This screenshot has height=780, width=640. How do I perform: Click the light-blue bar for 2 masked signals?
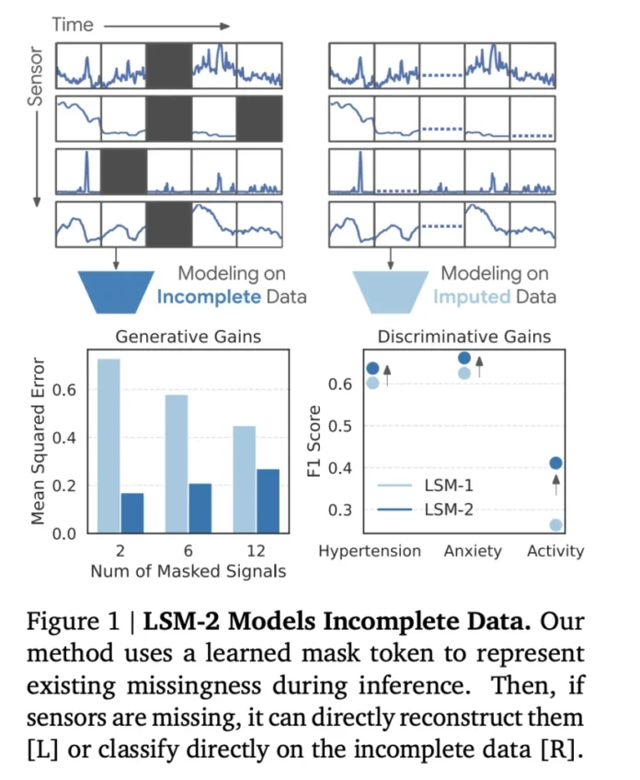click(109, 446)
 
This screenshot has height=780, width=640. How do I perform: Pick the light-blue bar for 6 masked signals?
click(177, 464)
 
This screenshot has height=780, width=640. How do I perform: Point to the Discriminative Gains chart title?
click(451, 337)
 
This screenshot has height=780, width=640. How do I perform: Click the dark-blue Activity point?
click(555, 464)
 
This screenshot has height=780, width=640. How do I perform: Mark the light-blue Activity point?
click(555, 525)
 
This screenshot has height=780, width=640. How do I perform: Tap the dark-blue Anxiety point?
click(463, 358)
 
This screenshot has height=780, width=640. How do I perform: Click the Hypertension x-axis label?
click(370, 552)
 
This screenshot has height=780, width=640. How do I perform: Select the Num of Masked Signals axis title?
click(188, 572)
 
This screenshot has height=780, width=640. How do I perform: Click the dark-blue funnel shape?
click(115, 292)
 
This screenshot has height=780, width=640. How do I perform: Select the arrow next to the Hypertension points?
click(387, 374)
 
